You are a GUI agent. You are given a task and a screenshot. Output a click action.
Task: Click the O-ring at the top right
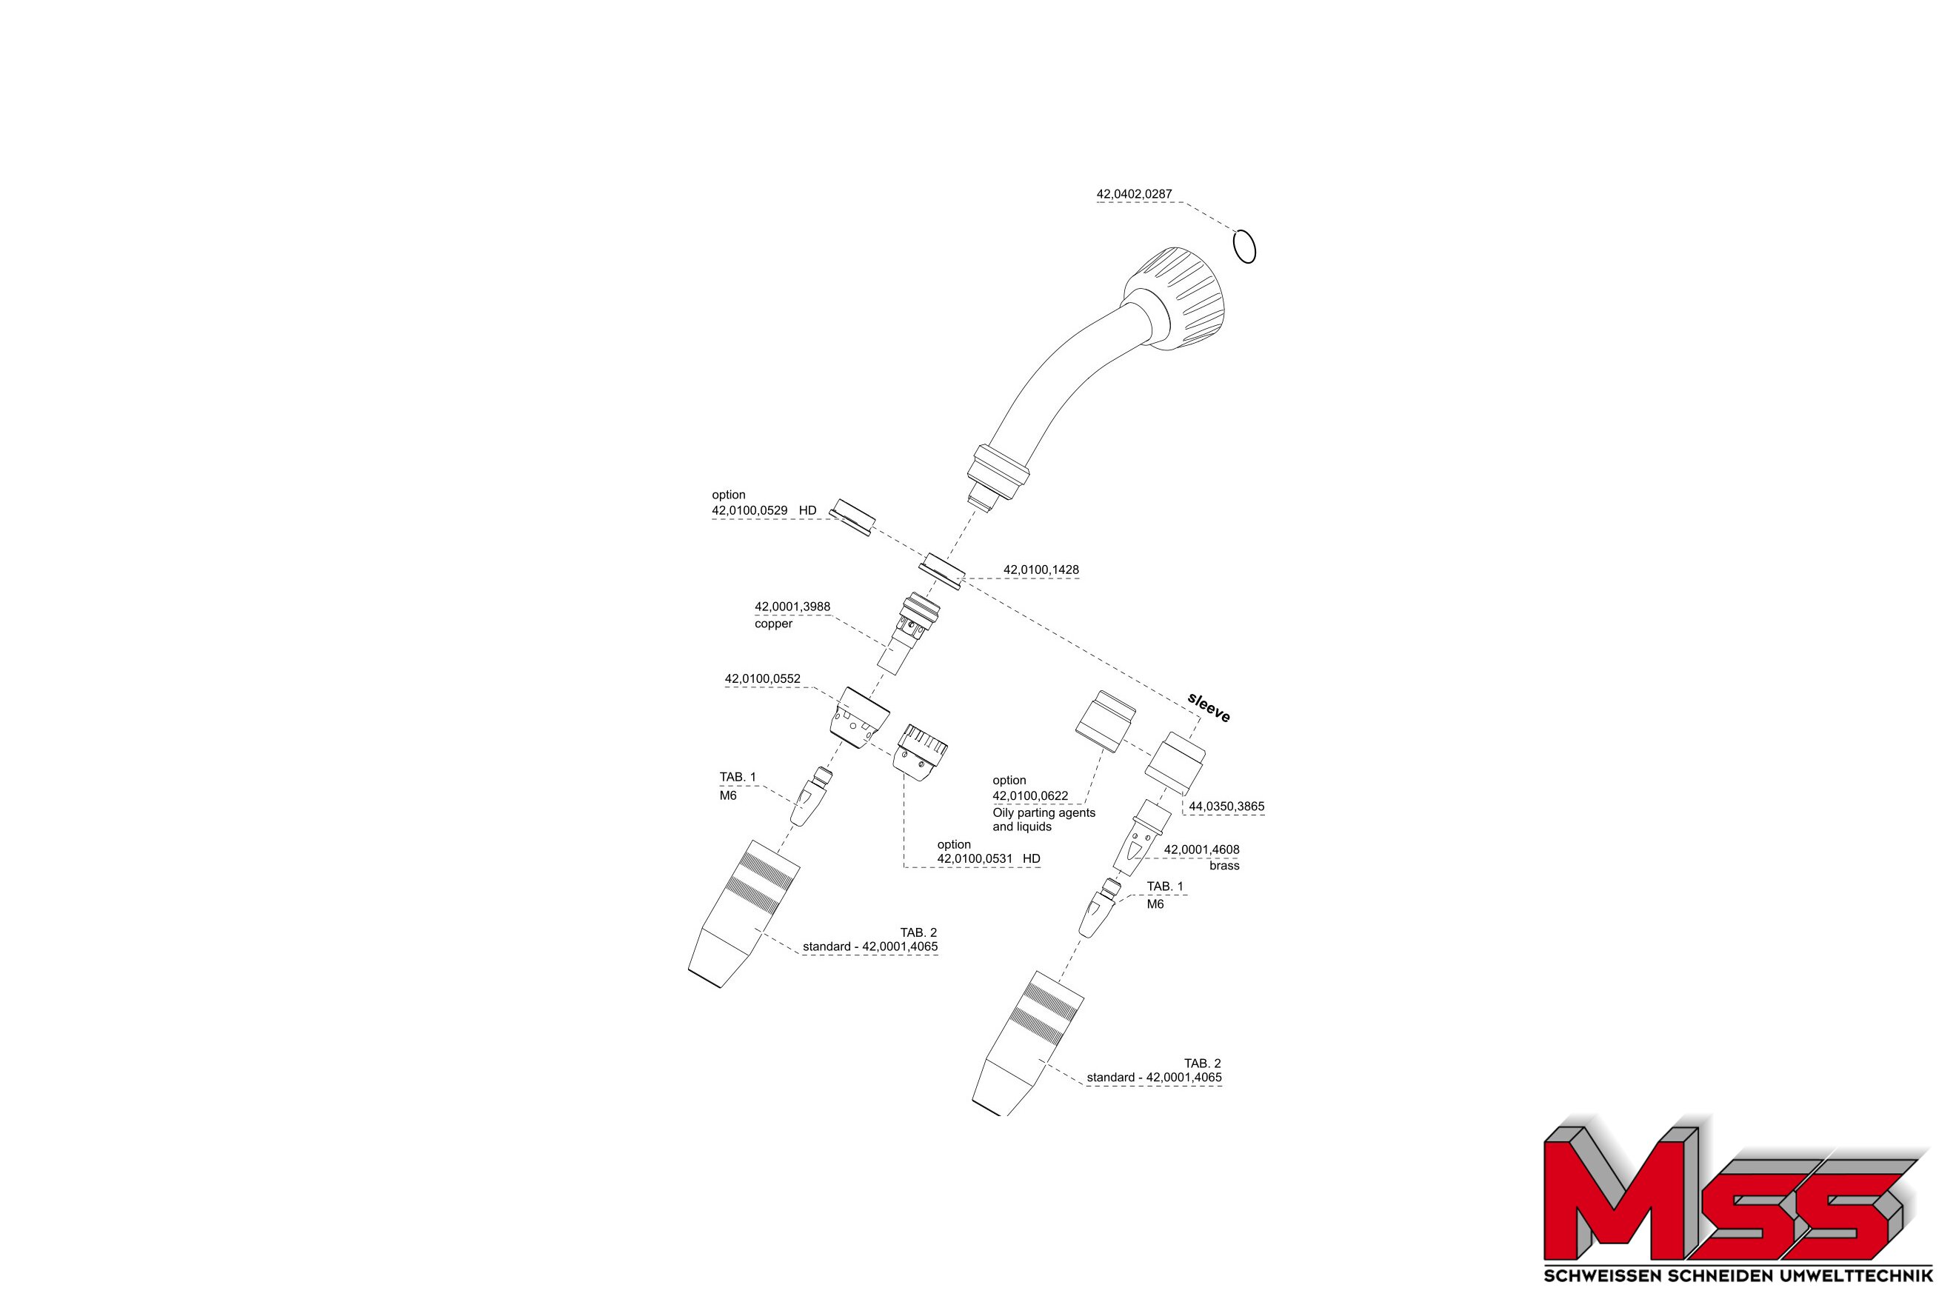pos(1244,247)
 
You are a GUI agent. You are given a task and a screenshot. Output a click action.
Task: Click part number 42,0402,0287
pos(1135,194)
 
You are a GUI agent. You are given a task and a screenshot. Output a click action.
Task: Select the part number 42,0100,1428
pos(1041,570)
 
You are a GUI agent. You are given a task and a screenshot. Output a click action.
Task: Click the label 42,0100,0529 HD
pos(764,510)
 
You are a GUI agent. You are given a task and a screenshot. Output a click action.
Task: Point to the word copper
pos(773,624)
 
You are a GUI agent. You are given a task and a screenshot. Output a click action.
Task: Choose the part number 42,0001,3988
pos(792,606)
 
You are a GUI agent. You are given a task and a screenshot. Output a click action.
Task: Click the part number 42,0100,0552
pos(762,678)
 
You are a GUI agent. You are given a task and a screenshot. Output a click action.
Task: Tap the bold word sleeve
pos(1209,707)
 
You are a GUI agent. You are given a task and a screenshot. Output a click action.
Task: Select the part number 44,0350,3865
pos(1226,806)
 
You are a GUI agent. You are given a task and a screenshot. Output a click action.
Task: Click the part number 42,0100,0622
pos(1030,795)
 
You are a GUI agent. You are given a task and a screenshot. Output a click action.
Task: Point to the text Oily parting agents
pos(1044,812)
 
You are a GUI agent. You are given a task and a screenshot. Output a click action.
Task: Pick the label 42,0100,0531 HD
pos(989,858)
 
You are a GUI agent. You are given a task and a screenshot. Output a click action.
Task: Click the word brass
pos(1224,865)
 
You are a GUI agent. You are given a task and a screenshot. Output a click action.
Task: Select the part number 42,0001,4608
pos(1201,849)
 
